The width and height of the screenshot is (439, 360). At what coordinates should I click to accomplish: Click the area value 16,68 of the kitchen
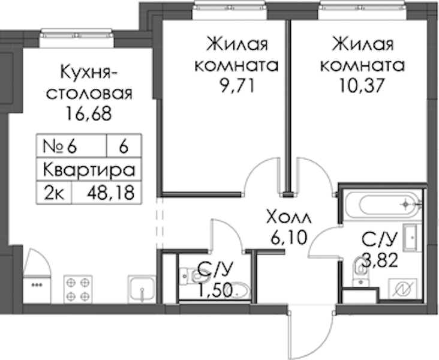point(89,114)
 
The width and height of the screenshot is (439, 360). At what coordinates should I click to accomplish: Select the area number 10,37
point(362,86)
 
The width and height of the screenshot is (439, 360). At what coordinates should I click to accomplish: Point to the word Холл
point(288,218)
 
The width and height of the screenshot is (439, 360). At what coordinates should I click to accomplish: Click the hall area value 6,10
point(288,238)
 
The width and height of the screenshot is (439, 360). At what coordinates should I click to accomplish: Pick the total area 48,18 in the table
point(110,193)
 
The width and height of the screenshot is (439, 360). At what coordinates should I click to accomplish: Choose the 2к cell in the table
point(55,193)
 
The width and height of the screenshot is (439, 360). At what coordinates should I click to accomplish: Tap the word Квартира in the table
point(89,170)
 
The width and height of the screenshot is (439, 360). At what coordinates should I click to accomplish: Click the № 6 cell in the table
point(60,147)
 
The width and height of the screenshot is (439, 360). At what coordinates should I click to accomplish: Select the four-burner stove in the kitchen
point(78,289)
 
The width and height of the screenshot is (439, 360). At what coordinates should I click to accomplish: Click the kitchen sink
point(142,289)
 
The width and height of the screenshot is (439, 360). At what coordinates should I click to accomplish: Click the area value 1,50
point(215,290)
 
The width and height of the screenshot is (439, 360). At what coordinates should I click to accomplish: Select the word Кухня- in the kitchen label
point(89,72)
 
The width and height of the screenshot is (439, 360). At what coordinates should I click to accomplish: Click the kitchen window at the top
point(76,38)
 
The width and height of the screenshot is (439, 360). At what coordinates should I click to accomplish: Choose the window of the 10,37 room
point(363,10)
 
